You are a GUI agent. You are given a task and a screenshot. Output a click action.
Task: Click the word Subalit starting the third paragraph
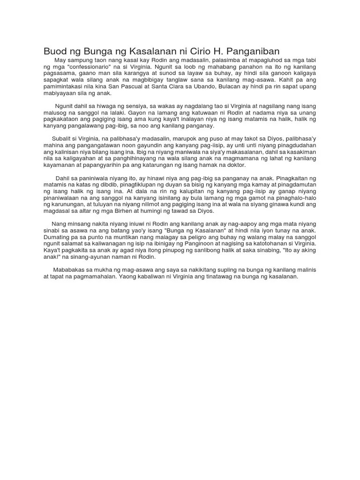[x=62, y=139]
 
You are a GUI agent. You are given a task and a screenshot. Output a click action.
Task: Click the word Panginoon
[x=222, y=244]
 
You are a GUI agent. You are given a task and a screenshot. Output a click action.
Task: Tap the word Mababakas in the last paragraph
[x=69, y=270]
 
